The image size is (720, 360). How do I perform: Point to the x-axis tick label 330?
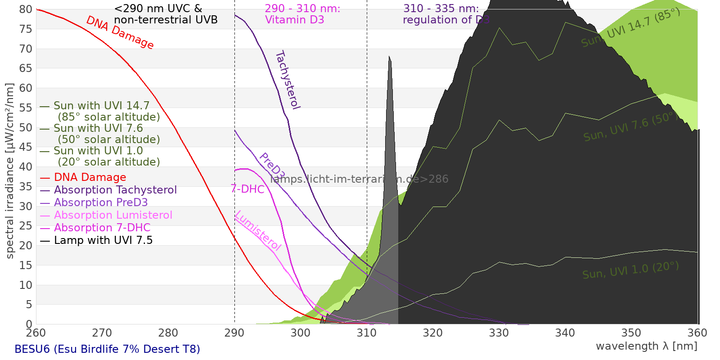pyautogui.click(x=499, y=333)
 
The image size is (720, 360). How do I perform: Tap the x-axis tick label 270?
pyautogui.click(x=102, y=333)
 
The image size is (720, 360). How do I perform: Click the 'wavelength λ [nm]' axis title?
pyautogui.click(x=646, y=346)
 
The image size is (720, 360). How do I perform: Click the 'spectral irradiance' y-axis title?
pyautogui.click(x=9, y=171)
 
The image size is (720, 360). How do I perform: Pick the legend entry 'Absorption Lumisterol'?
pyautogui.click(x=113, y=215)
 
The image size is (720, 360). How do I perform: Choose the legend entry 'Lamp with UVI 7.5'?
pyautogui.click(x=103, y=240)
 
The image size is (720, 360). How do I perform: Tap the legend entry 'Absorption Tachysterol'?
pyautogui.click(x=115, y=190)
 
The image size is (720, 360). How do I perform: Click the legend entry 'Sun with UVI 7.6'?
pyautogui.click(x=98, y=128)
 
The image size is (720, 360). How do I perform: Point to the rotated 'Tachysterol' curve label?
pyautogui.click(x=288, y=80)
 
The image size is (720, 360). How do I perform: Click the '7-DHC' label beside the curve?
pyautogui.click(x=247, y=189)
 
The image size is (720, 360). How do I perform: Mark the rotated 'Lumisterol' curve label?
pyautogui.click(x=258, y=230)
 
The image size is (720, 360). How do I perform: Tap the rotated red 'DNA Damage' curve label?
pyautogui.click(x=120, y=32)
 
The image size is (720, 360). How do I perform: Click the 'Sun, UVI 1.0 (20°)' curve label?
pyautogui.click(x=630, y=270)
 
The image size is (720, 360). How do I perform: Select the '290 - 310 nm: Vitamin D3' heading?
pyautogui.click(x=302, y=14)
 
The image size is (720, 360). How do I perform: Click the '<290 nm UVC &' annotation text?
pyautogui.click(x=158, y=9)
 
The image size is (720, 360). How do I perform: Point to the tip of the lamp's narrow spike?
pyautogui.click(x=390, y=57)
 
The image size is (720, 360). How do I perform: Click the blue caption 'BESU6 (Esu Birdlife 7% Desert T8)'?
pyautogui.click(x=107, y=349)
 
